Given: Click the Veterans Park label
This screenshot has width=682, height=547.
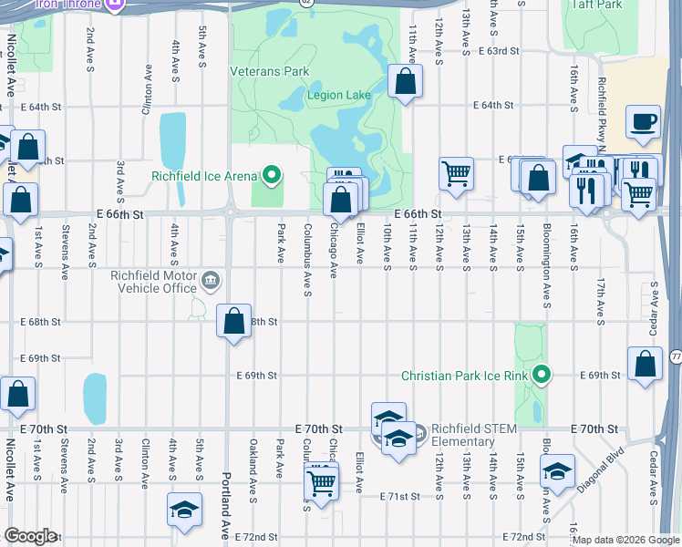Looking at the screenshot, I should (270, 71).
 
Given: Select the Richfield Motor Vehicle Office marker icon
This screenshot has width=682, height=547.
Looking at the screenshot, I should (211, 278).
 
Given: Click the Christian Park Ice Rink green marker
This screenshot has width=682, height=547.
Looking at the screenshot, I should (542, 375).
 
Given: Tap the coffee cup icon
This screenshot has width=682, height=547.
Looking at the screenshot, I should (644, 122).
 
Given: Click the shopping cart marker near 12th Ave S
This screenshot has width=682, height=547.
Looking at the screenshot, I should (456, 172).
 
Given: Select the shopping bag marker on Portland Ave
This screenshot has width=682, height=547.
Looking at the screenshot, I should (234, 321).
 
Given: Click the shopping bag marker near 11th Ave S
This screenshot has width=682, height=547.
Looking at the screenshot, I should (405, 82).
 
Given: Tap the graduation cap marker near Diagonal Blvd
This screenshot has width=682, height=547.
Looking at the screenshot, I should (557, 471).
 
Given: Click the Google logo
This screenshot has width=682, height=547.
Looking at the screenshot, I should (30, 536).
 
